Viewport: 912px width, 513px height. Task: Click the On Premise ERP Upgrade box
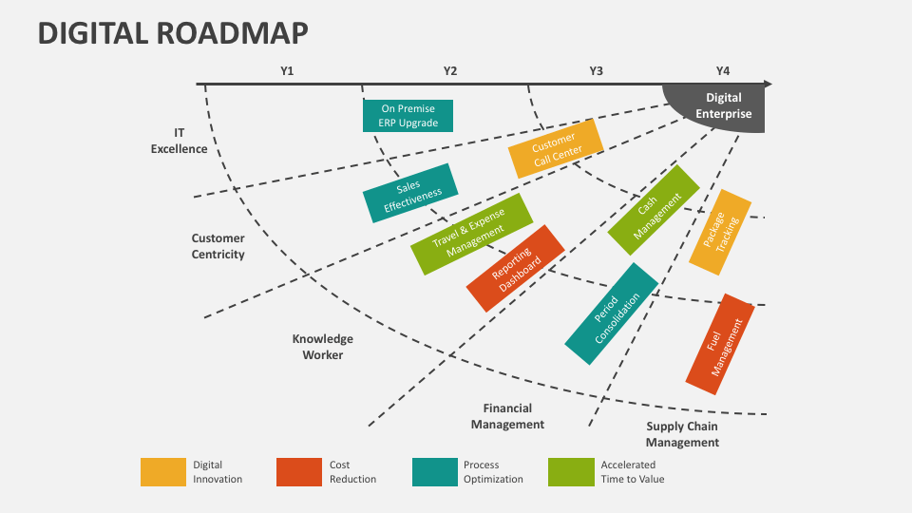(408, 116)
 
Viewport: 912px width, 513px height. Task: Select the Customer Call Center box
(556, 149)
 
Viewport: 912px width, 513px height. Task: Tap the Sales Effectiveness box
(410, 193)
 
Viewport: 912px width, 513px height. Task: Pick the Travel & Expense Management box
(472, 234)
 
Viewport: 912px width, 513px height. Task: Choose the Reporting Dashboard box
(515, 268)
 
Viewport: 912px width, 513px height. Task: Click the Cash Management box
(654, 210)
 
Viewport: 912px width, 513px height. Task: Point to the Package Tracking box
(720, 232)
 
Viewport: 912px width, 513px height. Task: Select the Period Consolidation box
(612, 313)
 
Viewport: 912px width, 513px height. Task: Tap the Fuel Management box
(720, 344)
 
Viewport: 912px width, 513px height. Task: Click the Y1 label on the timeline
(287, 71)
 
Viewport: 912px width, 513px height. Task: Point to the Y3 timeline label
(597, 71)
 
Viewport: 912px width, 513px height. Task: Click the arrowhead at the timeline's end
(768, 85)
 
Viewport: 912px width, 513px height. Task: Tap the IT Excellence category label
(180, 141)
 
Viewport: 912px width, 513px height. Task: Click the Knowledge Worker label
(323, 347)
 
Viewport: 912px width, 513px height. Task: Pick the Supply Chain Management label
(682, 434)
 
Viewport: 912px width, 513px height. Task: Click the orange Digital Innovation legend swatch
(163, 472)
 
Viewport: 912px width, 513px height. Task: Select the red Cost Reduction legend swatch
(299, 472)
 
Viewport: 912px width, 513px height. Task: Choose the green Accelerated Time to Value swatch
(571, 472)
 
